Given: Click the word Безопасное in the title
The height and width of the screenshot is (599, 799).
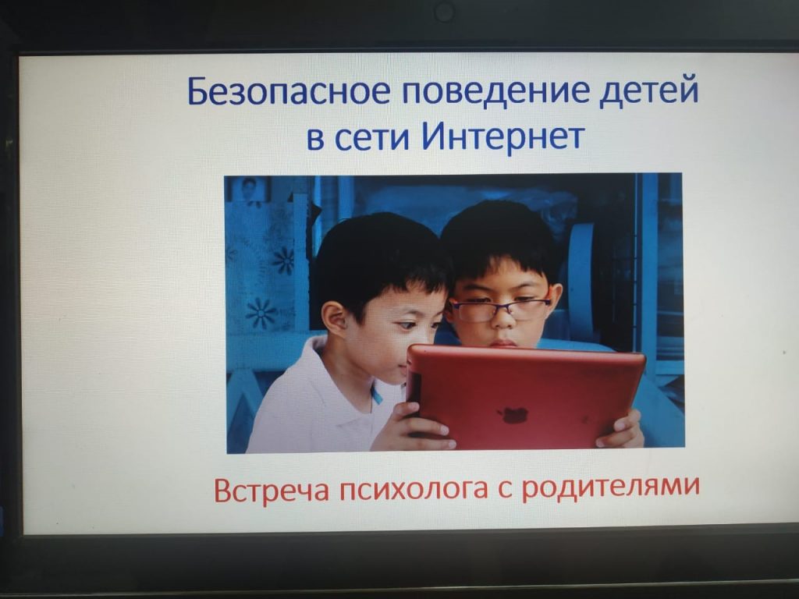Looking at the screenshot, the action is pyautogui.click(x=289, y=90).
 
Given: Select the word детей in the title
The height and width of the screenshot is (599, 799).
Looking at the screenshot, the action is pyautogui.click(x=648, y=90).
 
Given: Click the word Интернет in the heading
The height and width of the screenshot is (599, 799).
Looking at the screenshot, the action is pyautogui.click(x=503, y=136).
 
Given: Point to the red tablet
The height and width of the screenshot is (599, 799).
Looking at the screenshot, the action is pyautogui.click(x=525, y=397).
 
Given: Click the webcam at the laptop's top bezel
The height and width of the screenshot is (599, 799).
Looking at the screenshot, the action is pyautogui.click(x=444, y=12).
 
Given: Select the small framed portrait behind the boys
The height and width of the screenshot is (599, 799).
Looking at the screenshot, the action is pyautogui.click(x=250, y=189).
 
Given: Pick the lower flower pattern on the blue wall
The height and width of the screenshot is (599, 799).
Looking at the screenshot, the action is pyautogui.click(x=261, y=312).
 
